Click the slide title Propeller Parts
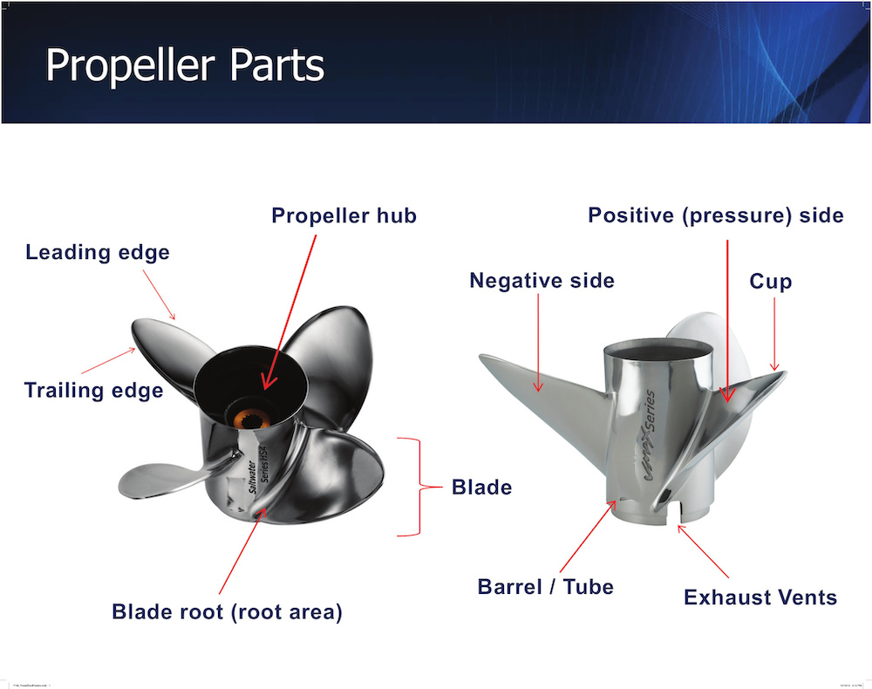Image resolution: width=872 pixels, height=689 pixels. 184,65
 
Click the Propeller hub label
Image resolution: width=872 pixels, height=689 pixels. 344,215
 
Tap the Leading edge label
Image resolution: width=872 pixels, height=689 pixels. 98,253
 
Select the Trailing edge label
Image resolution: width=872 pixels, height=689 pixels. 93,390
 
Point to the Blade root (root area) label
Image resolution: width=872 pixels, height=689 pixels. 227,612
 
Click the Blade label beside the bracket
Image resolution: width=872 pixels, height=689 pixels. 481,487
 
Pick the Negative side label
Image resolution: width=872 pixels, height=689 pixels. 542,281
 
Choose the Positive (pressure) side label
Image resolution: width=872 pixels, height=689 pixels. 715,215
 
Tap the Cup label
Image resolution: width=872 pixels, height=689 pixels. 771,282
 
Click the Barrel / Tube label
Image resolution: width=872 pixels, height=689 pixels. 545,587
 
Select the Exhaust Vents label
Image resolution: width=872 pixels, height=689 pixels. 760,597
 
